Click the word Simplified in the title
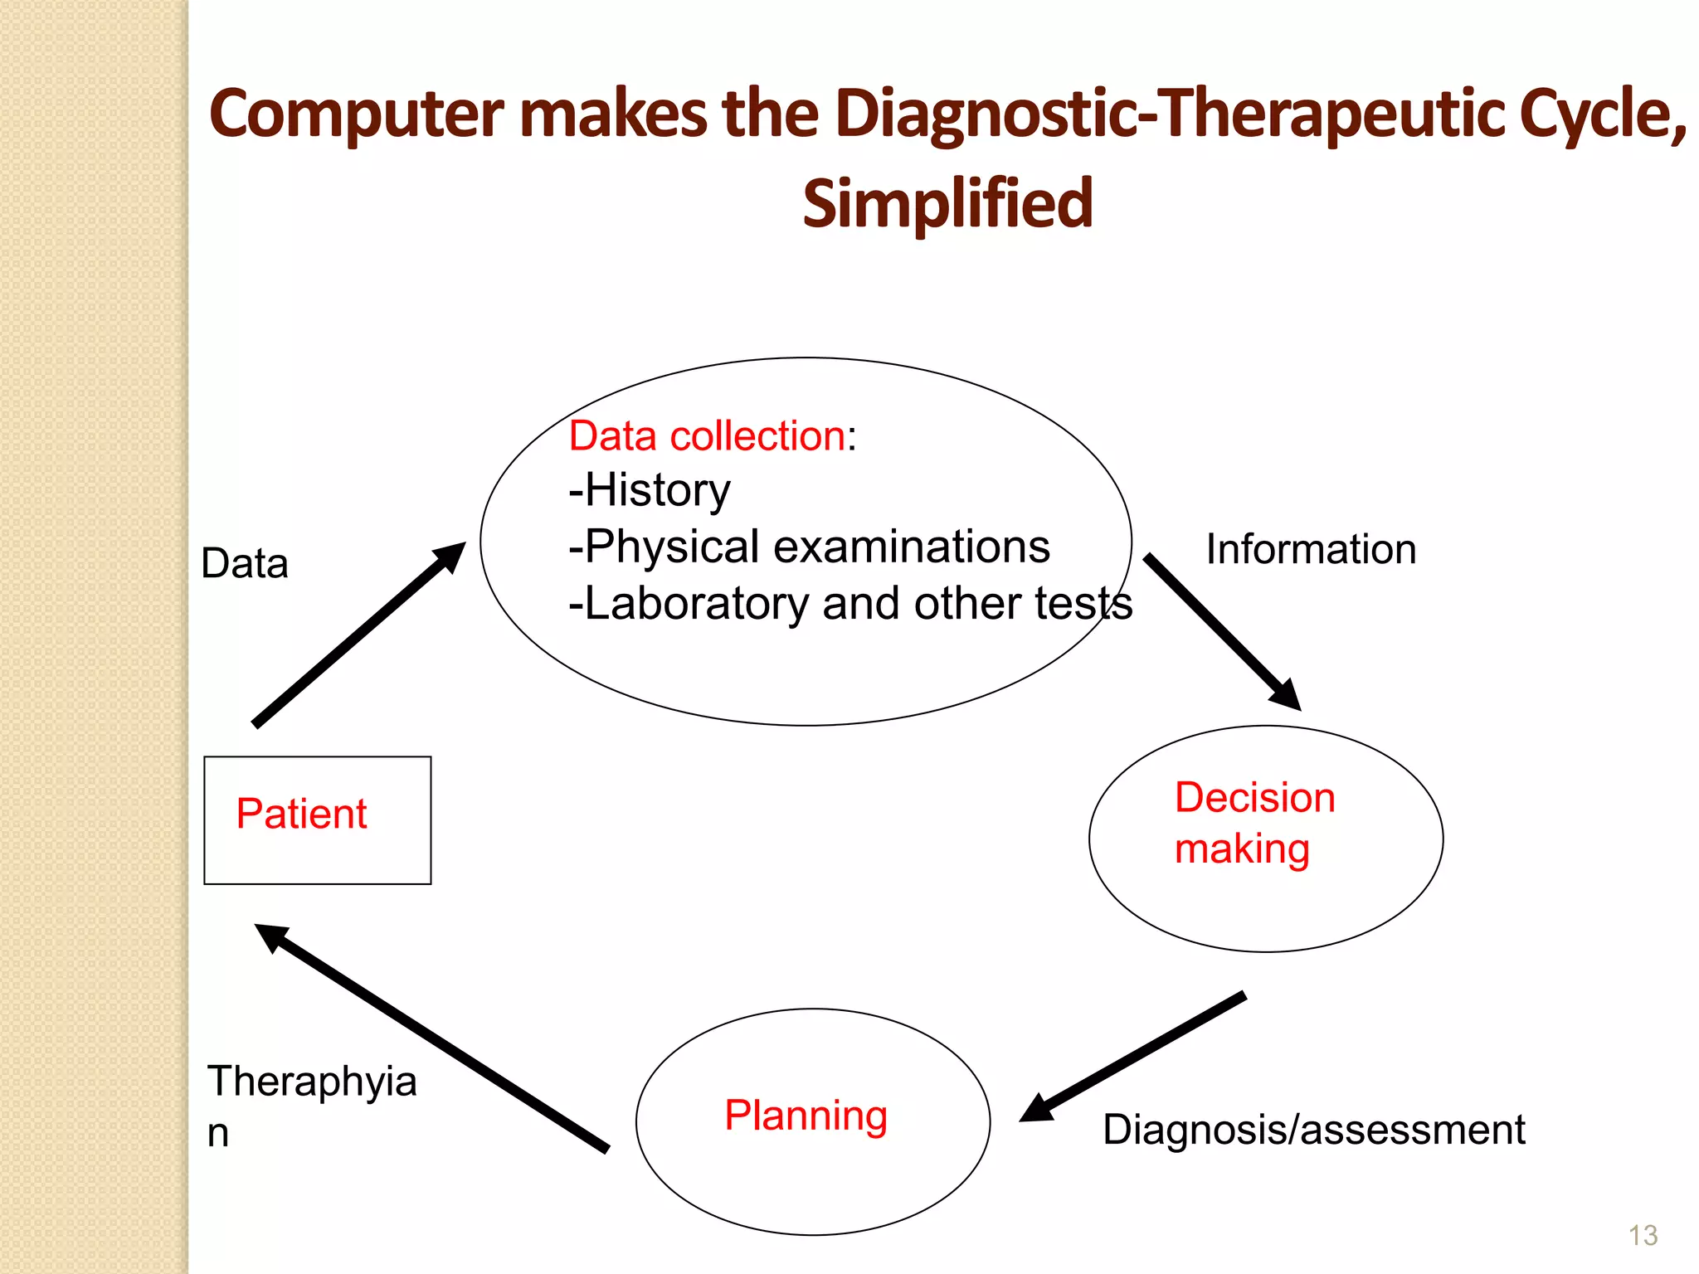[947, 204]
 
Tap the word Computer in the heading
[356, 114]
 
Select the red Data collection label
[707, 436]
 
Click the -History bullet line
[650, 490]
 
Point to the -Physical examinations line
[809, 547]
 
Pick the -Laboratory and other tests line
[849, 603]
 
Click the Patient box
[317, 819]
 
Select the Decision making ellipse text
[1254, 823]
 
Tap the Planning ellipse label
[806, 1115]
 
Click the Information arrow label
[1310, 550]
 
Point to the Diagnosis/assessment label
[1313, 1130]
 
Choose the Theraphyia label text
[311, 1082]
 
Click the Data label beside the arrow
[245, 564]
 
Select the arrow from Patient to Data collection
[358, 635]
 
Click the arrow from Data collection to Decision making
[1220, 631]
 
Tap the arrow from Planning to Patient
[431, 1037]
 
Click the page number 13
[1643, 1236]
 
